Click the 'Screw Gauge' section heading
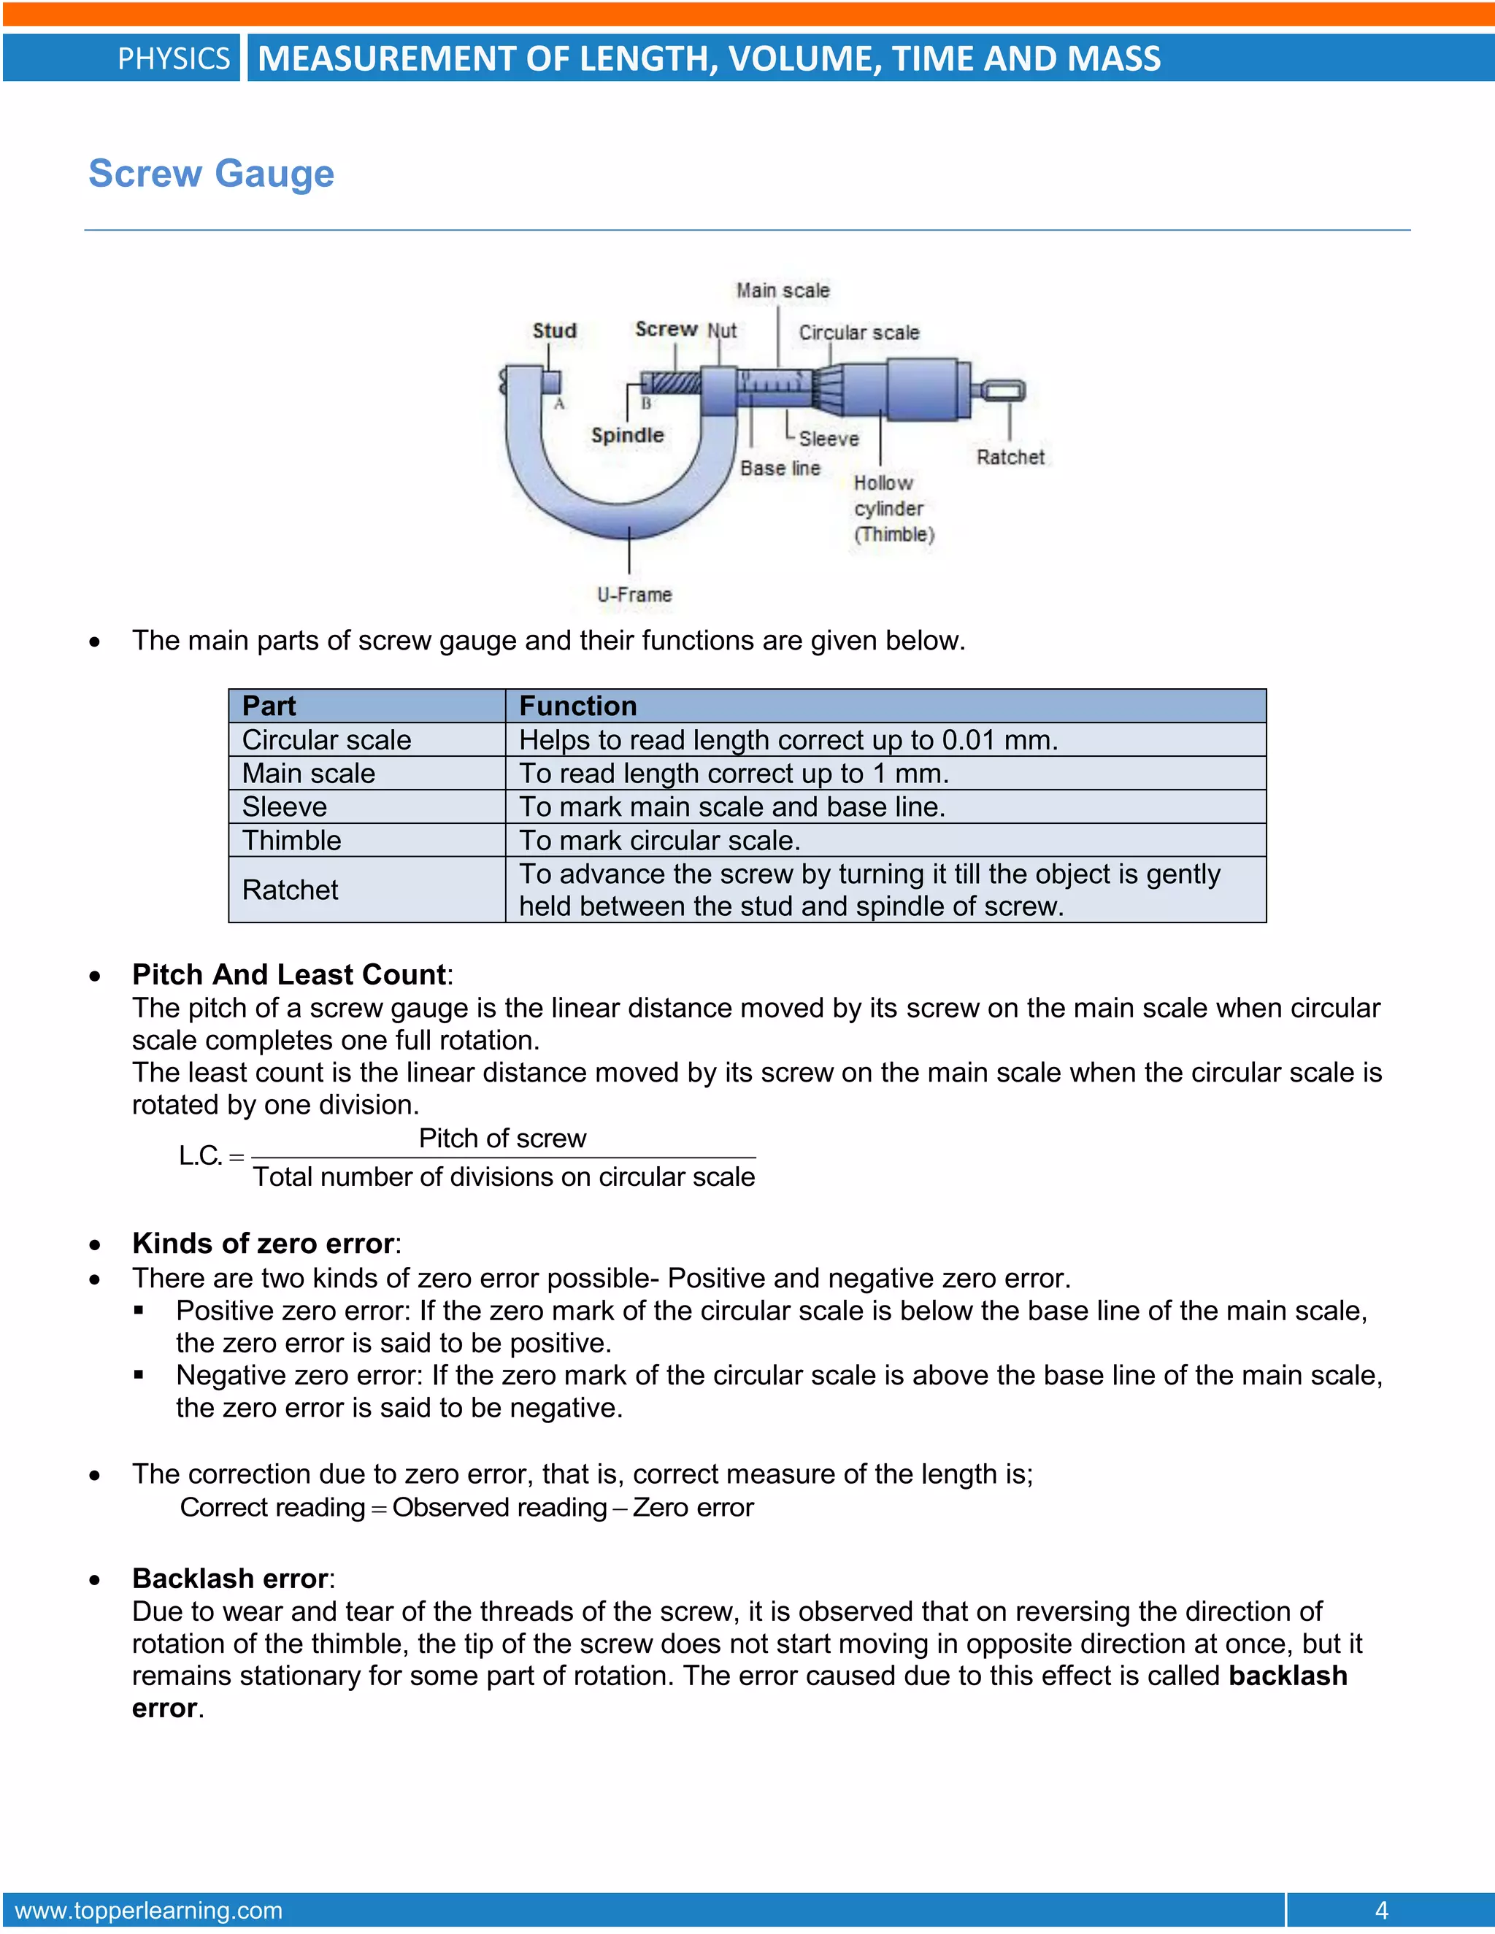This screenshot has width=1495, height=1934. (211, 174)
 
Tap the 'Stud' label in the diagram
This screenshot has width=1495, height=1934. (555, 331)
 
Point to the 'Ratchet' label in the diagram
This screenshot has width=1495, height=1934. (1010, 457)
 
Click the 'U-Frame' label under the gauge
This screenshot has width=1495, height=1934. (634, 594)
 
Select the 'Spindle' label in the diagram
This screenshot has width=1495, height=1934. (627, 435)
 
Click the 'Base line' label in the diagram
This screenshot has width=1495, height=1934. (780, 468)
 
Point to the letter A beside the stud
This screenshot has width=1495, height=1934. (559, 404)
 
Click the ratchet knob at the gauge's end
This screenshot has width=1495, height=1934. (1002, 390)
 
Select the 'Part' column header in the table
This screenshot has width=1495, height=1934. (269, 706)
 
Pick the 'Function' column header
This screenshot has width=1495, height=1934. (577, 706)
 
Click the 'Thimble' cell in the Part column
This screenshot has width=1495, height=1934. (291, 839)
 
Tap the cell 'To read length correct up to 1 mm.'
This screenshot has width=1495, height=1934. (734, 773)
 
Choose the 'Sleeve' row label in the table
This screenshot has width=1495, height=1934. (284, 806)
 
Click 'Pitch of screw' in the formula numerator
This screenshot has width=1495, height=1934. (502, 1138)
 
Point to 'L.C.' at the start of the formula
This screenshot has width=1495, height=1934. (200, 1155)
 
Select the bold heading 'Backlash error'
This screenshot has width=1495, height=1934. (230, 1578)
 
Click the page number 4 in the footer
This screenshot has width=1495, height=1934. (1380, 1910)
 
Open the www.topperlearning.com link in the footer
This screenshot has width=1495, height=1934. (149, 1910)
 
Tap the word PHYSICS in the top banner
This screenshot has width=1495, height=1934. (174, 58)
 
